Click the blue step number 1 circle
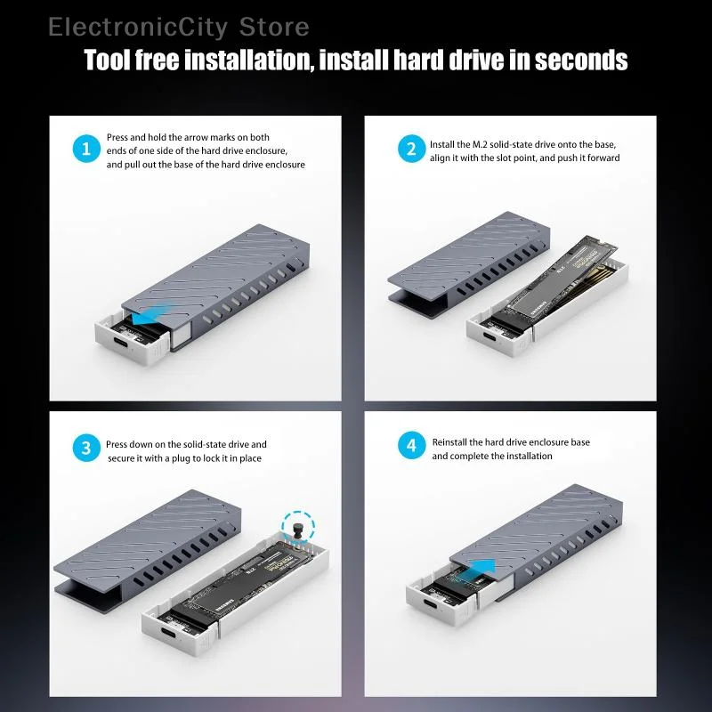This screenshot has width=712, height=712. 85,150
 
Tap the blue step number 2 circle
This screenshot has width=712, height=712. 410,150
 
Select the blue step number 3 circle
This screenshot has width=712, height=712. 85,449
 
